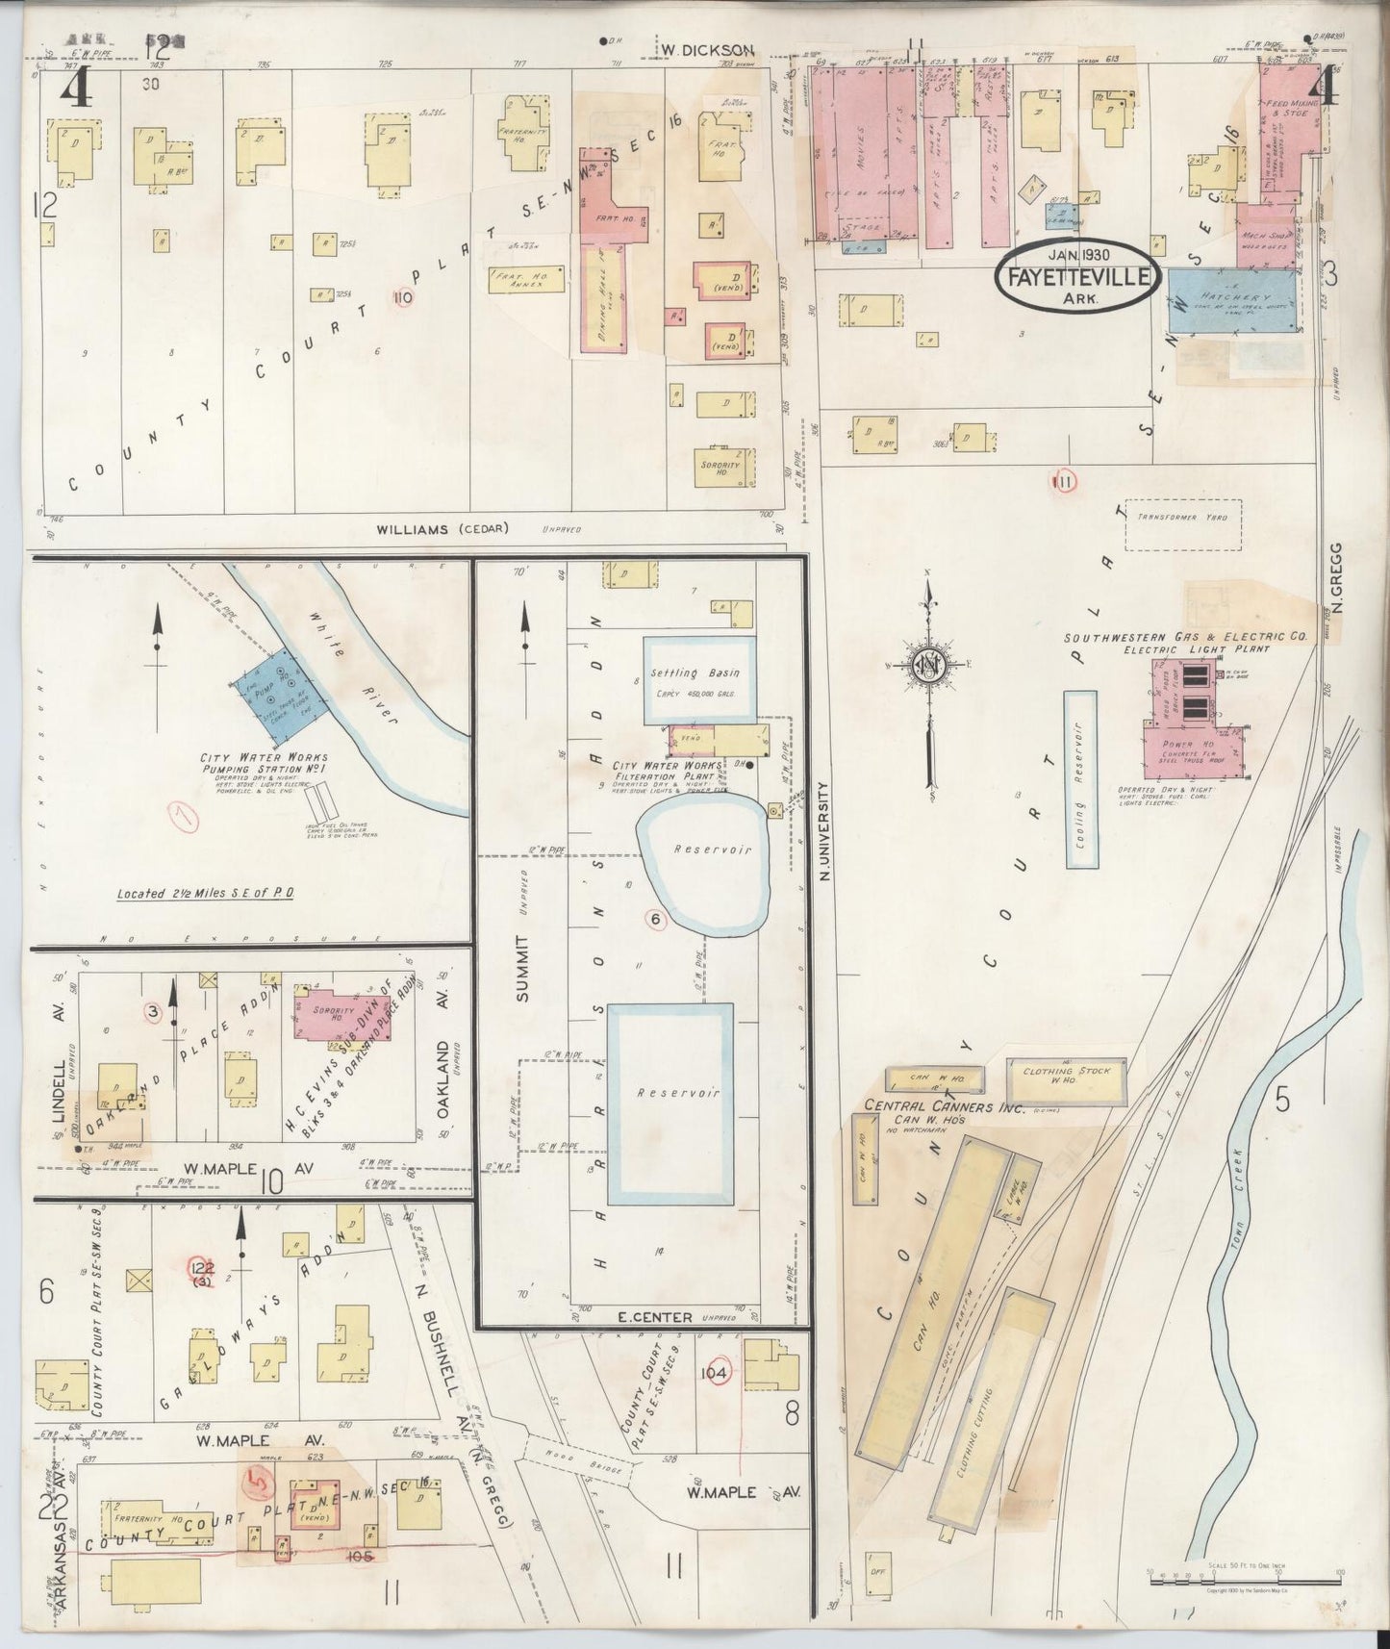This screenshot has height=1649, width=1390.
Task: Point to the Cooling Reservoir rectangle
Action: click(1080, 779)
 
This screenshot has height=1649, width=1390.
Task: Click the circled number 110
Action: click(403, 297)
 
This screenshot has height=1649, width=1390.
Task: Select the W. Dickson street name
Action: click(706, 49)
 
